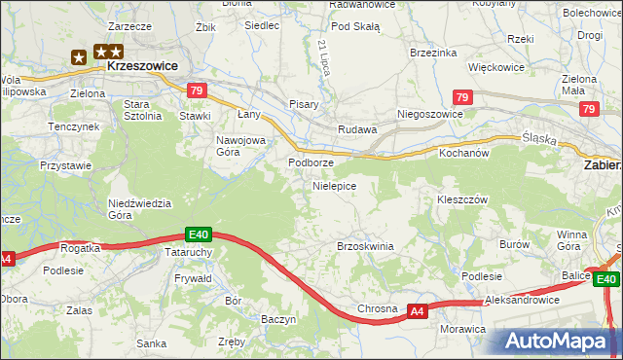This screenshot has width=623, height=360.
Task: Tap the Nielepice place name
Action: click(x=334, y=185)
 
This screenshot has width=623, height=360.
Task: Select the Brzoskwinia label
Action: click(x=365, y=246)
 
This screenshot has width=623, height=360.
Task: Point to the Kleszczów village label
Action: click(x=461, y=198)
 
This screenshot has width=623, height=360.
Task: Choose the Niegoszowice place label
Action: click(x=429, y=114)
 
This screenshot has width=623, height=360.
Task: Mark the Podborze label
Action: click(x=311, y=162)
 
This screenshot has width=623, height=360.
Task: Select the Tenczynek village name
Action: click(x=75, y=126)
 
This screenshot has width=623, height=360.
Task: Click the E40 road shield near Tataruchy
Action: click(x=200, y=234)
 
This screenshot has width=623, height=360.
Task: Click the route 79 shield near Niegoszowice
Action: click(x=463, y=97)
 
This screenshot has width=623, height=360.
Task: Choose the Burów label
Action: click(x=513, y=245)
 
